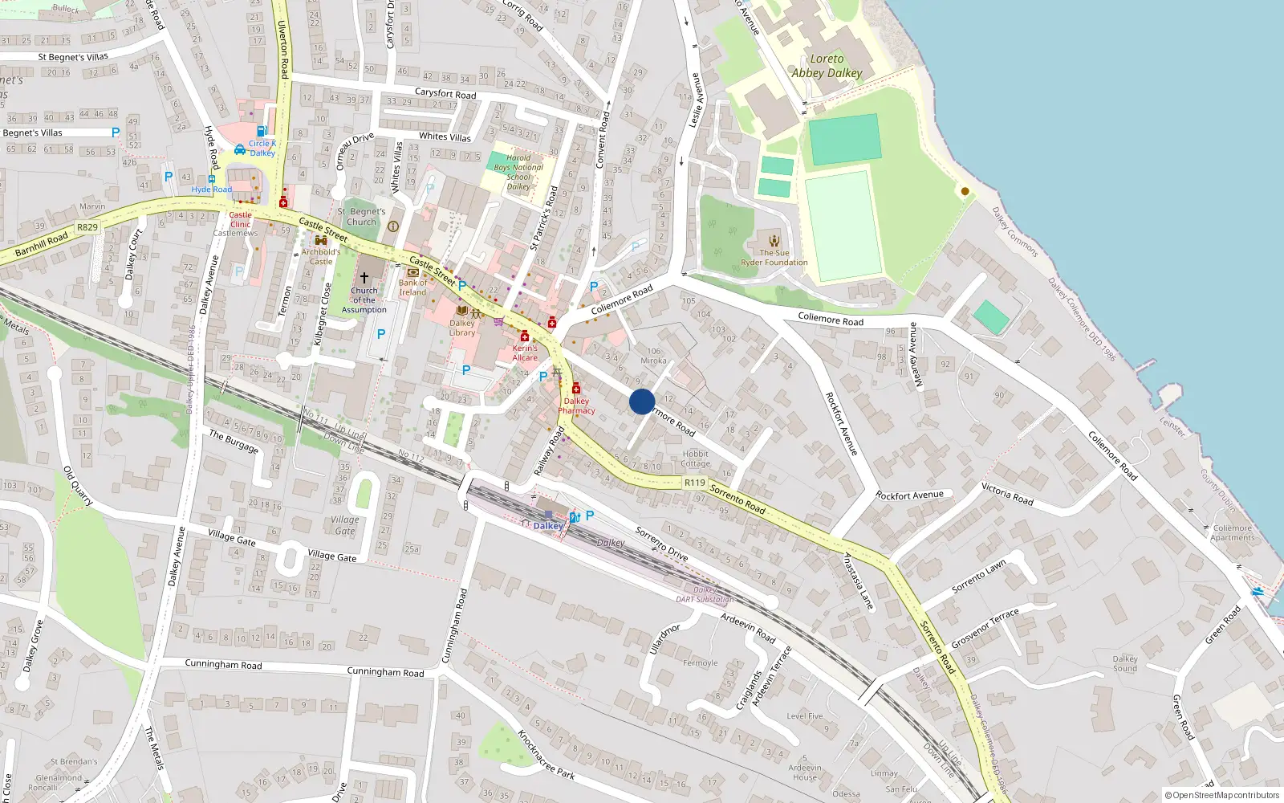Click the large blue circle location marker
point(642,401)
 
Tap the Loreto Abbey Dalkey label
point(827,66)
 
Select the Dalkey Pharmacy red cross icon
point(576,389)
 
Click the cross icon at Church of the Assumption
point(364,277)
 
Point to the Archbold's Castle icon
point(321,240)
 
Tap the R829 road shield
point(87,227)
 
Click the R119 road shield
point(694,483)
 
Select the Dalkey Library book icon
point(461,311)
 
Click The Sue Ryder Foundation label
point(774,257)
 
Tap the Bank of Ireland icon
point(412,272)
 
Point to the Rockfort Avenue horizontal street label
point(909,495)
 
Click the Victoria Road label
point(1007,494)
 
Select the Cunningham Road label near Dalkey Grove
point(223,664)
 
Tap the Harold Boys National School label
point(518,172)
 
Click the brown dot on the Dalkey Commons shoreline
point(965,191)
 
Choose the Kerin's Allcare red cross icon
point(525,336)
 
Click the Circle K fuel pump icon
point(262,131)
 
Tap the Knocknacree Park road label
point(546,755)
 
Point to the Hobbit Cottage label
point(695,459)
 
